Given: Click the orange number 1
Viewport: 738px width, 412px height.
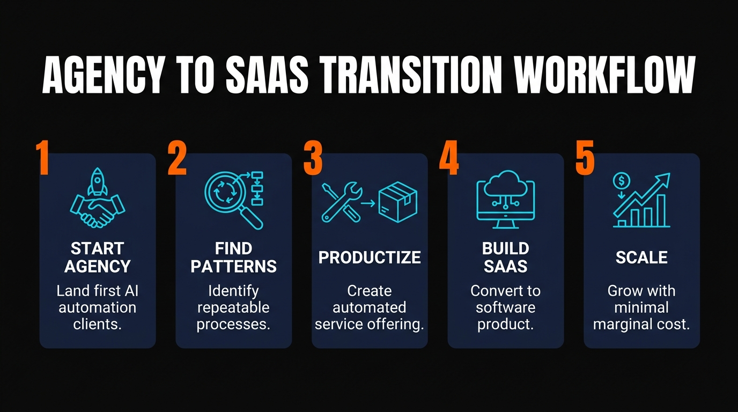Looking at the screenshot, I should coord(43,158).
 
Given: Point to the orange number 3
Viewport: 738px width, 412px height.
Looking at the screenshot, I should coord(313,158).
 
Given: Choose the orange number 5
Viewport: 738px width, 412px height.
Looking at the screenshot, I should coord(585,158).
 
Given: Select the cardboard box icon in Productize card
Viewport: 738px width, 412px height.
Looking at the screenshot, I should coord(397,202).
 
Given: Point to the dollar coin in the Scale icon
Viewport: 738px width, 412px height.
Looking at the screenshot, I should coord(622,181).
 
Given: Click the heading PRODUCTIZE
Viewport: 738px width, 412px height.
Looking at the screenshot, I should coord(370,257).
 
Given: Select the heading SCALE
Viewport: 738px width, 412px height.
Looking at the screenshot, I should coord(641,257).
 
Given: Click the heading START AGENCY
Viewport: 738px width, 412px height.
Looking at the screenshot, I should coord(98,257).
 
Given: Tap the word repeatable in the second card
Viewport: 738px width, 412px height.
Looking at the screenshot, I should coord(233,308).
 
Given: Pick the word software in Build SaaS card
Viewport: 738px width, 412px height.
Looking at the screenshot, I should coord(505,308).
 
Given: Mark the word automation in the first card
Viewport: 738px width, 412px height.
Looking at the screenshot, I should coord(98,308).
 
